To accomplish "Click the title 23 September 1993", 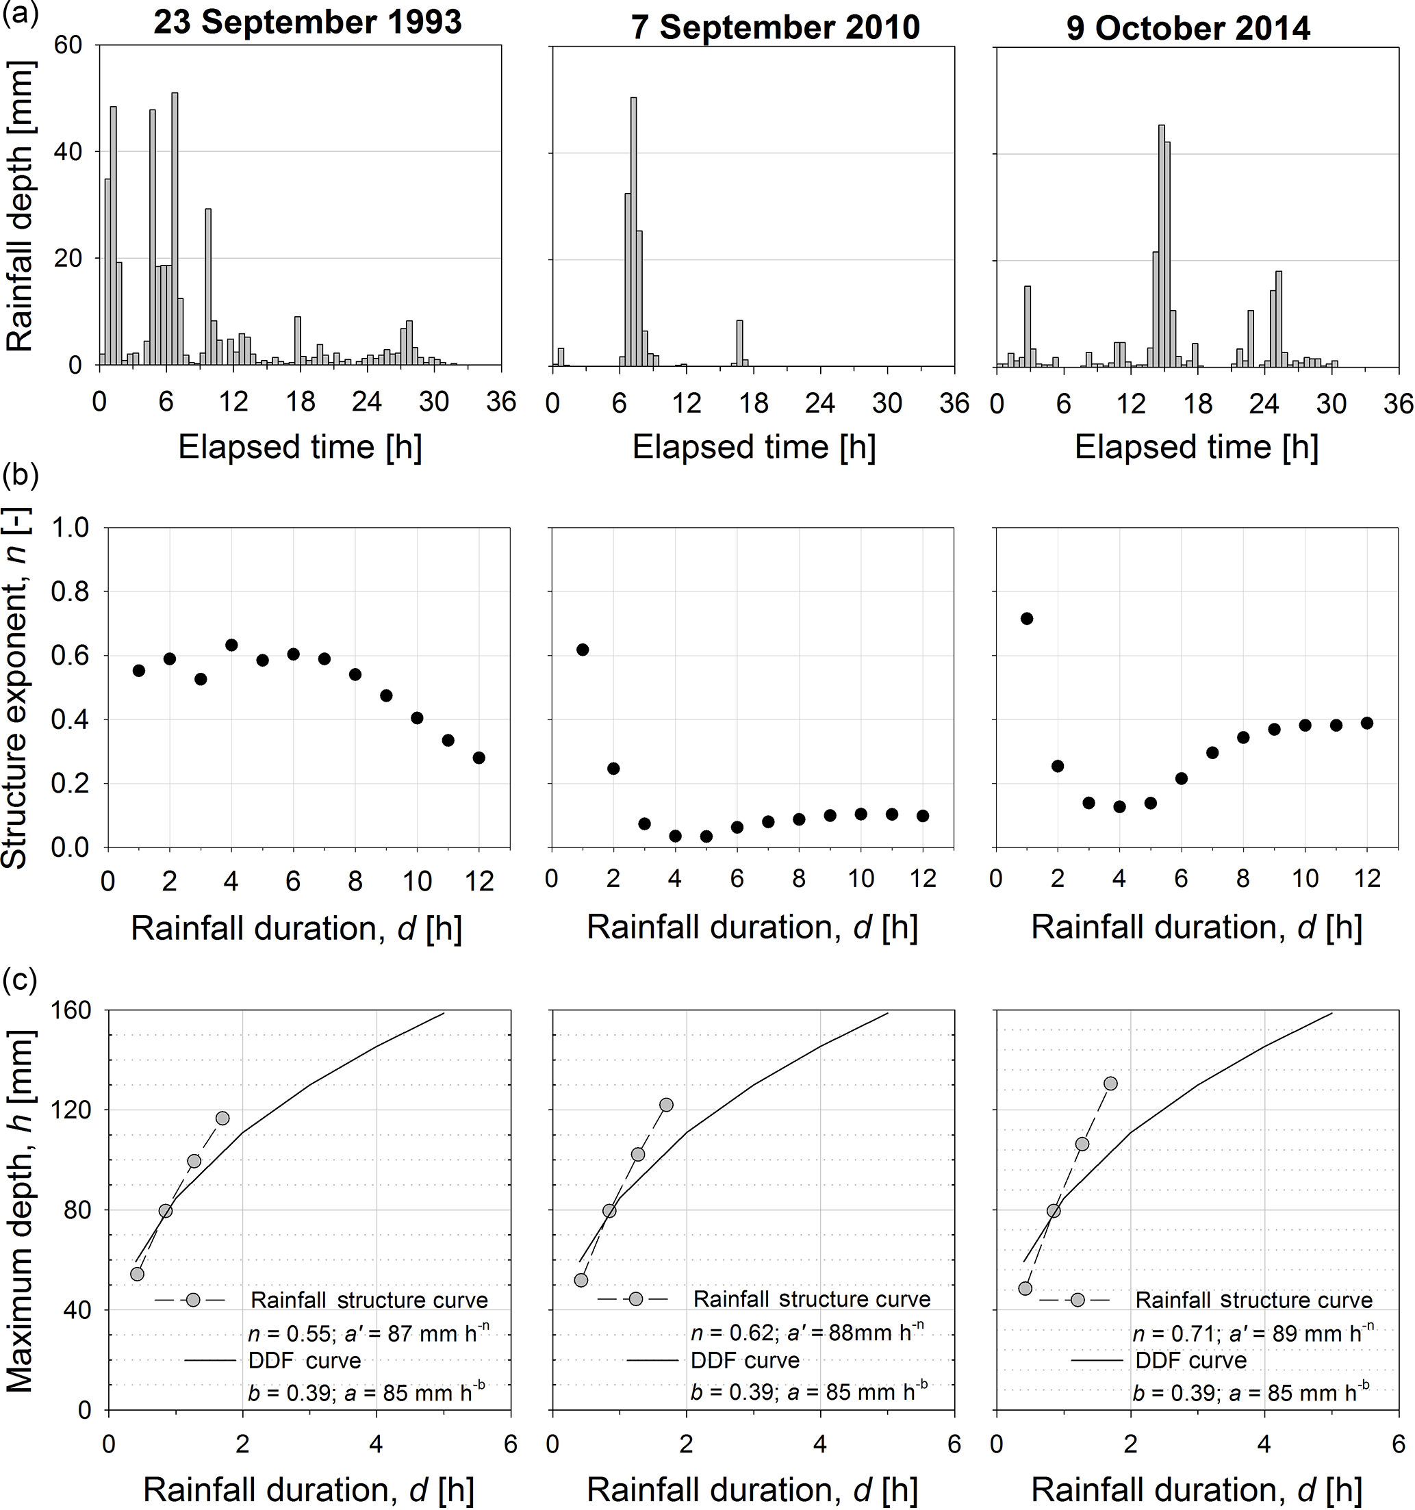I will click(307, 23).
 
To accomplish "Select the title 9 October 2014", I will click(1188, 29).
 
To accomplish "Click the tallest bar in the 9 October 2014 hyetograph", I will click(1161, 243).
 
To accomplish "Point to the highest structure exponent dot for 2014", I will click(1027, 618).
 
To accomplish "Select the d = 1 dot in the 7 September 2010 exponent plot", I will click(583, 650).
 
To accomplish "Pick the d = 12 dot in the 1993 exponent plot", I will click(479, 757).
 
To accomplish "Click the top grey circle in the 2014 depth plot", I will click(1110, 1083).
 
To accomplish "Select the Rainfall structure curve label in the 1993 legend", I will click(369, 1300).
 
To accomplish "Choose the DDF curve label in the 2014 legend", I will click(1190, 1360).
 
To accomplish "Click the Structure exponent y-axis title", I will click(15, 687).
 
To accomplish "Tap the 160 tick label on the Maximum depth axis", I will click(72, 1011).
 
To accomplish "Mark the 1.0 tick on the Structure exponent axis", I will click(70, 527).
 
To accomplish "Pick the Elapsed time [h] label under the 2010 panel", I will click(754, 448).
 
